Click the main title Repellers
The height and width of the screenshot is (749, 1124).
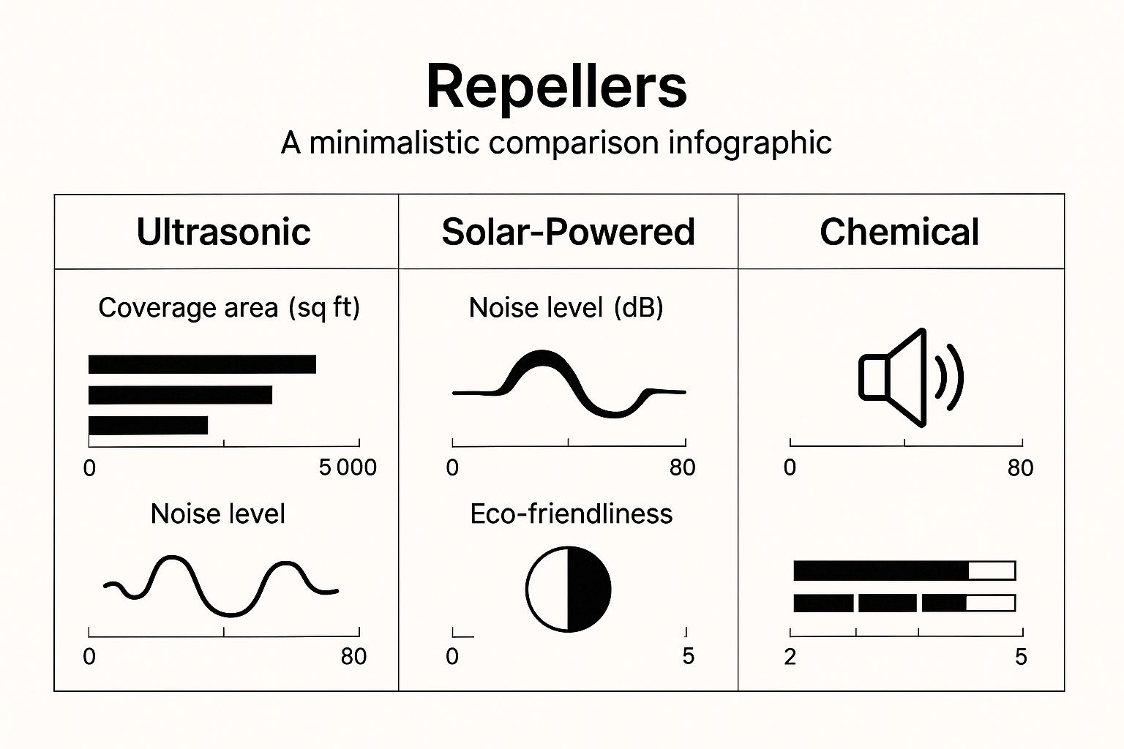click(x=556, y=86)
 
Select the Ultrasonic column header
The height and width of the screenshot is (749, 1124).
click(x=224, y=232)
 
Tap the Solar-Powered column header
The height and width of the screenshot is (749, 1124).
click(x=568, y=232)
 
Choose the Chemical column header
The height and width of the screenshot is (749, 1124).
click(x=899, y=232)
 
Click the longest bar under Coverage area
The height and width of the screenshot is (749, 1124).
click(x=202, y=364)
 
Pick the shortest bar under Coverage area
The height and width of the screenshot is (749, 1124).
click(x=148, y=425)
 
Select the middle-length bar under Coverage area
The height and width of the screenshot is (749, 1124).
click(x=180, y=395)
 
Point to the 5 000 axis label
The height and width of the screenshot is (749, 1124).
click(x=348, y=467)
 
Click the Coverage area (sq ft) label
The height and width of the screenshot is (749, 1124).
click(x=229, y=307)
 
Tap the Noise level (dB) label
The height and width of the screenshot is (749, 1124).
click(x=566, y=307)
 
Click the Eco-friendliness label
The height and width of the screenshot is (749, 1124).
click(x=571, y=513)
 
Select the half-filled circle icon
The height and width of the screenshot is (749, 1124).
click(x=568, y=589)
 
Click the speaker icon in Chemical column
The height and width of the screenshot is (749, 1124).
click(x=910, y=377)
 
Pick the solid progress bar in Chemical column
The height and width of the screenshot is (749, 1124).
click(x=904, y=571)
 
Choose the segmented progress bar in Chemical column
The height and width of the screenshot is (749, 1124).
click(x=904, y=603)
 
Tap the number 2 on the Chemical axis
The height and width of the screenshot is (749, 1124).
click(x=790, y=657)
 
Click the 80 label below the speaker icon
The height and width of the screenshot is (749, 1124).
click(x=1020, y=467)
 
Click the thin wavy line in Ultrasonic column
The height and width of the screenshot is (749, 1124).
click(x=220, y=585)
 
